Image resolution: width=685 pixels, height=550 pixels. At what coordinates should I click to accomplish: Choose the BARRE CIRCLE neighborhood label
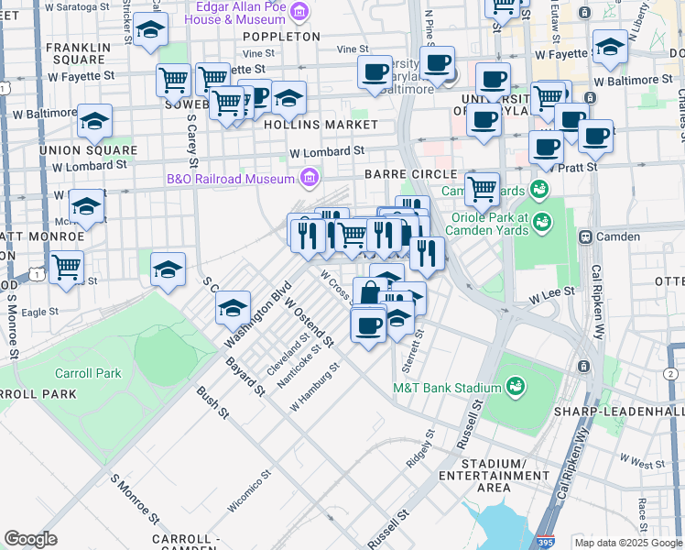click(409, 174)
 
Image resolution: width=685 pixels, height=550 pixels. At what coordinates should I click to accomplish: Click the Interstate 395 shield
click(546, 541)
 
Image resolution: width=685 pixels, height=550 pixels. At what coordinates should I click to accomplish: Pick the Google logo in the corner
click(30, 539)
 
